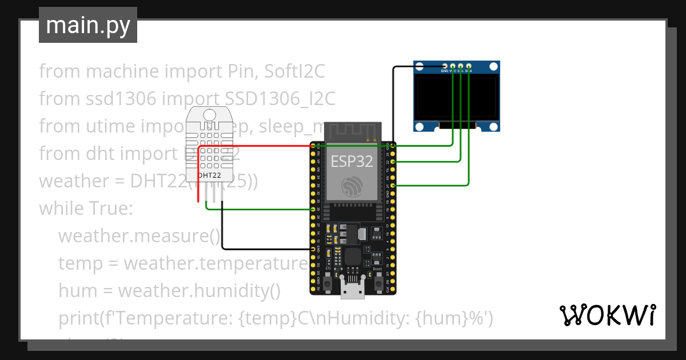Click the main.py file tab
pos(88,25)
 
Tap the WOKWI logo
pos(607,315)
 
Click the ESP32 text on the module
pos(352,161)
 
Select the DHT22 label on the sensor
pos(209,175)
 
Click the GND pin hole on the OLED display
pos(444,67)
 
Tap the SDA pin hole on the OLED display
pos(469,67)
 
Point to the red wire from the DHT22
pos(252,146)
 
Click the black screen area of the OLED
pos(456,98)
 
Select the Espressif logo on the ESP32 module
pos(351,186)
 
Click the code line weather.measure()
pos(139,236)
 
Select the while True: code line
pos(86,209)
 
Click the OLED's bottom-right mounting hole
pos(493,126)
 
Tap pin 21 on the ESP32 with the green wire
pos(393,186)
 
